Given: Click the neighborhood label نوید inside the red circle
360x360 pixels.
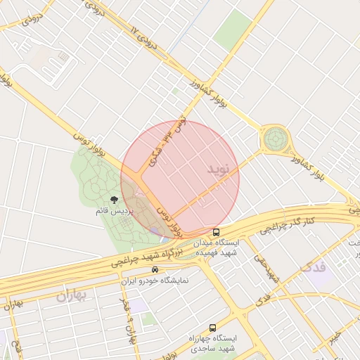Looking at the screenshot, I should (219, 169).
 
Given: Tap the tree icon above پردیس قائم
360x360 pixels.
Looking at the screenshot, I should (114, 200).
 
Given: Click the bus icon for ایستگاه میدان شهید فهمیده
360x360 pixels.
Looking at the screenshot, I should (216, 231).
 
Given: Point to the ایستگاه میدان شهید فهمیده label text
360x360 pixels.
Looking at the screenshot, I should (215, 246).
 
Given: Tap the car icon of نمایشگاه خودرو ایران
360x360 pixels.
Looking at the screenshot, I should (155, 269).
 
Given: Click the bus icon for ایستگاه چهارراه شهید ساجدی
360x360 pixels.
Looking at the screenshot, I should (213, 328).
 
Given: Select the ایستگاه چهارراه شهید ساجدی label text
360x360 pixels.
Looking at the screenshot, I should (213, 343).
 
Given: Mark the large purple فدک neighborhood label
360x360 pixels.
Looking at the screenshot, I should (314, 267).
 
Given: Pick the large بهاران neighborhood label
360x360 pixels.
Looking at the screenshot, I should (70, 297).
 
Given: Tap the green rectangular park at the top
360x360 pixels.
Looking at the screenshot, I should (233, 29).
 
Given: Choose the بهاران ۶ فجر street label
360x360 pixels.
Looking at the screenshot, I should (126, 318).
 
